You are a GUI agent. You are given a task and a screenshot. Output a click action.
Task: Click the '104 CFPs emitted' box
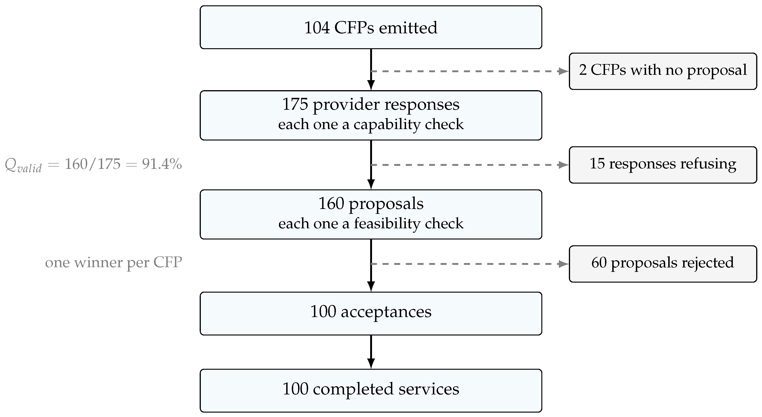(371, 27)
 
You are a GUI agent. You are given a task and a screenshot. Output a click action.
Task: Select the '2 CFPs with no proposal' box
(663, 71)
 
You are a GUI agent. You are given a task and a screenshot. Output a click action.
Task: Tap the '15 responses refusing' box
(663, 165)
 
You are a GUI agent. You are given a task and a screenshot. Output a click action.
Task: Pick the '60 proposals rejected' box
(663, 264)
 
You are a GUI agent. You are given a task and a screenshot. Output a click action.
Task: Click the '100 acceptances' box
(371, 314)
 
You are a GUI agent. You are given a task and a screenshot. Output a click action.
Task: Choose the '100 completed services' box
(371, 391)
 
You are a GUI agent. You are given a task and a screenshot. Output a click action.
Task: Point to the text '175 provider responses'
(371, 105)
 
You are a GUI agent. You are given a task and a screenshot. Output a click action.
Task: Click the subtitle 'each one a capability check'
(371, 124)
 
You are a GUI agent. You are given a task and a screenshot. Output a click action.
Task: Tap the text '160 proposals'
(371, 204)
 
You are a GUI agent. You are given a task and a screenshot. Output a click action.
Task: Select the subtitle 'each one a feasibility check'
(371, 223)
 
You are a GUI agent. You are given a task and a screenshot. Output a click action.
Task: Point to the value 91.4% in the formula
(162, 164)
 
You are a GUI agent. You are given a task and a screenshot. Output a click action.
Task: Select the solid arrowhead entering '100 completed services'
(371, 364)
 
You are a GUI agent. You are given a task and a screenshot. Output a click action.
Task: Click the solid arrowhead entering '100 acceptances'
(371, 287)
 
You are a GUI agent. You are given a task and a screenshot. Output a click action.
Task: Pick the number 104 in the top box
(317, 28)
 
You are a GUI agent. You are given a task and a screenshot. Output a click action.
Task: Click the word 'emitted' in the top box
(408, 28)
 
